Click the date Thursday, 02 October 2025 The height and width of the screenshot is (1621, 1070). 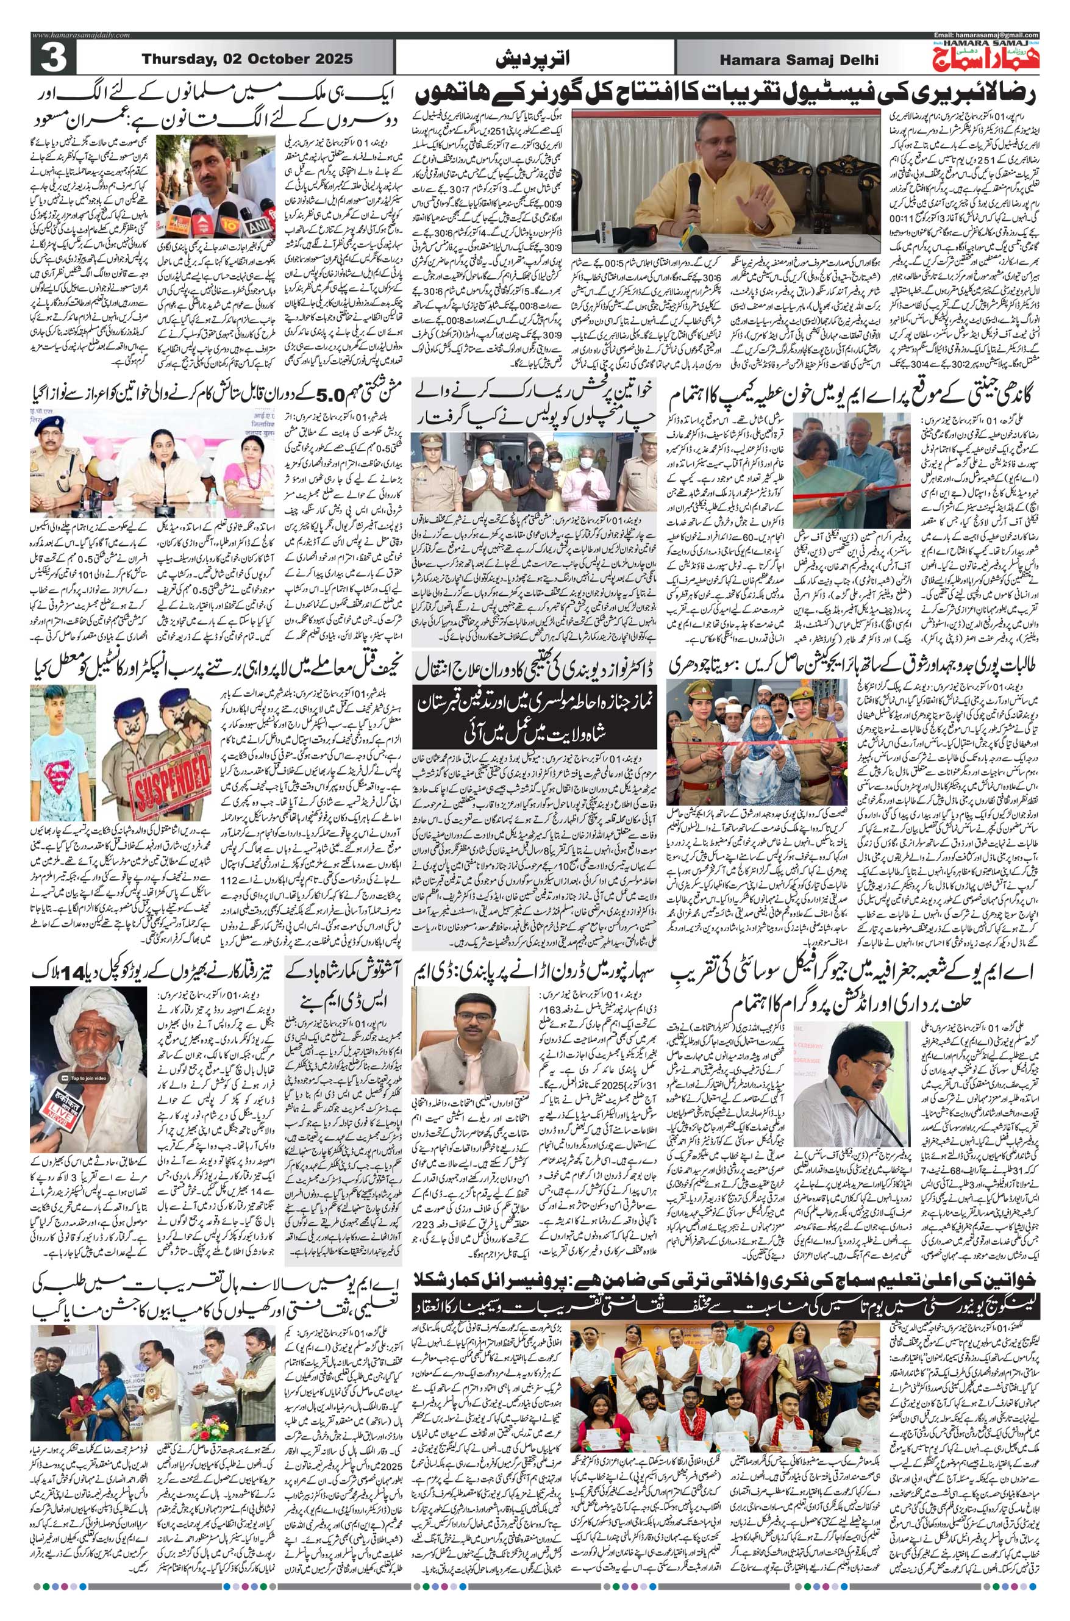tap(247, 59)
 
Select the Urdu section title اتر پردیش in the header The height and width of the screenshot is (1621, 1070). tap(534, 60)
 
